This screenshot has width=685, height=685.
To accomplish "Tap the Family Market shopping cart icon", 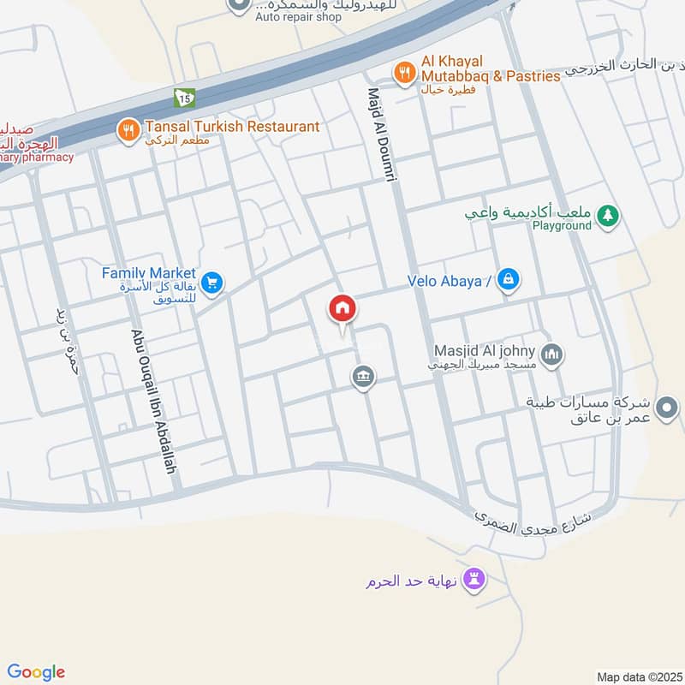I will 212,281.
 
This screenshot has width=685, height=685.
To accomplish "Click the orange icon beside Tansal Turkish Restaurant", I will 128,130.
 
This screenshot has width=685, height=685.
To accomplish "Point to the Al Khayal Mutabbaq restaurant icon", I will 402,71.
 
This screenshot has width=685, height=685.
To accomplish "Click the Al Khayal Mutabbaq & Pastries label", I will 490,68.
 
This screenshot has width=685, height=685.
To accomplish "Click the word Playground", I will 562,225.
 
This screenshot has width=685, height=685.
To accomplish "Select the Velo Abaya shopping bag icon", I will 509,278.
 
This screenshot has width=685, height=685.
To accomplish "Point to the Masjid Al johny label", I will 485,351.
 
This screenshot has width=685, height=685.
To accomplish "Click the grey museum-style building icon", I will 364,377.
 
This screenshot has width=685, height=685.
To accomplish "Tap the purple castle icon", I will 474,580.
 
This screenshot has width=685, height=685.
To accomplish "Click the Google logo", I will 36,672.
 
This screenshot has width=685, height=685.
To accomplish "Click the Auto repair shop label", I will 298,16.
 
